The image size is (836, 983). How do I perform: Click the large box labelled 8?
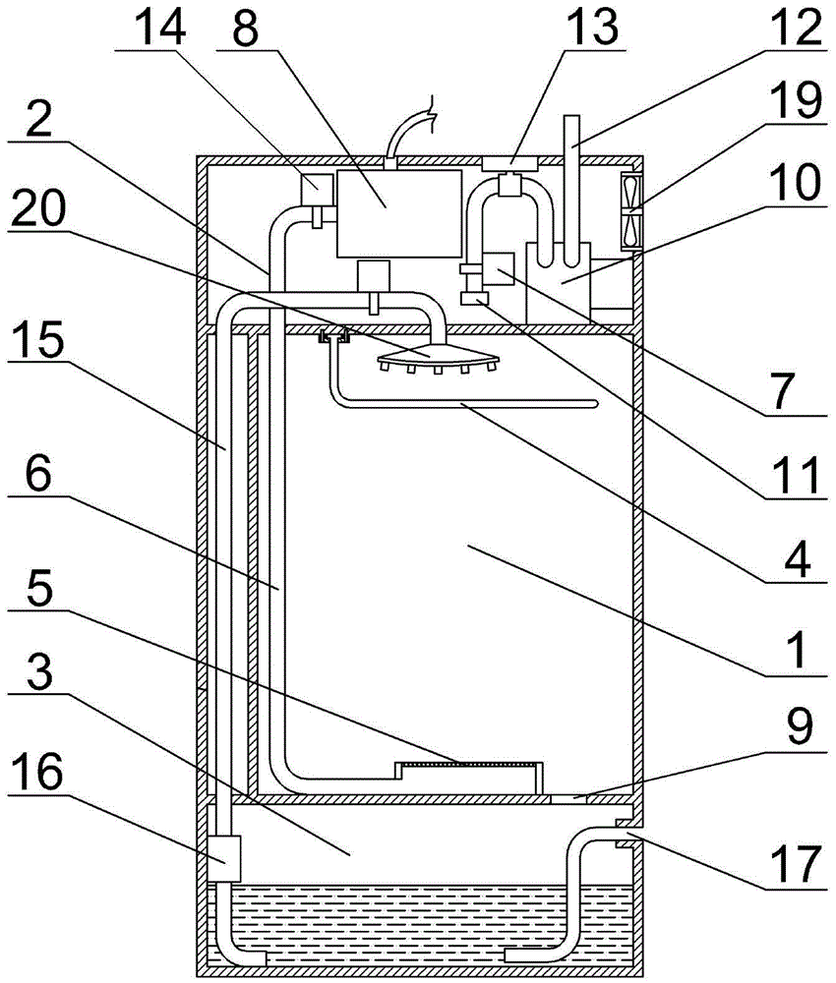(x=398, y=211)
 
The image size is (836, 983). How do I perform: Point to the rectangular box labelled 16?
(x=225, y=857)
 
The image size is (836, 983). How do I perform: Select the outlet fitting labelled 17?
(x=622, y=835)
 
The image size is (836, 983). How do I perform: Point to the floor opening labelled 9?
(x=568, y=799)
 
